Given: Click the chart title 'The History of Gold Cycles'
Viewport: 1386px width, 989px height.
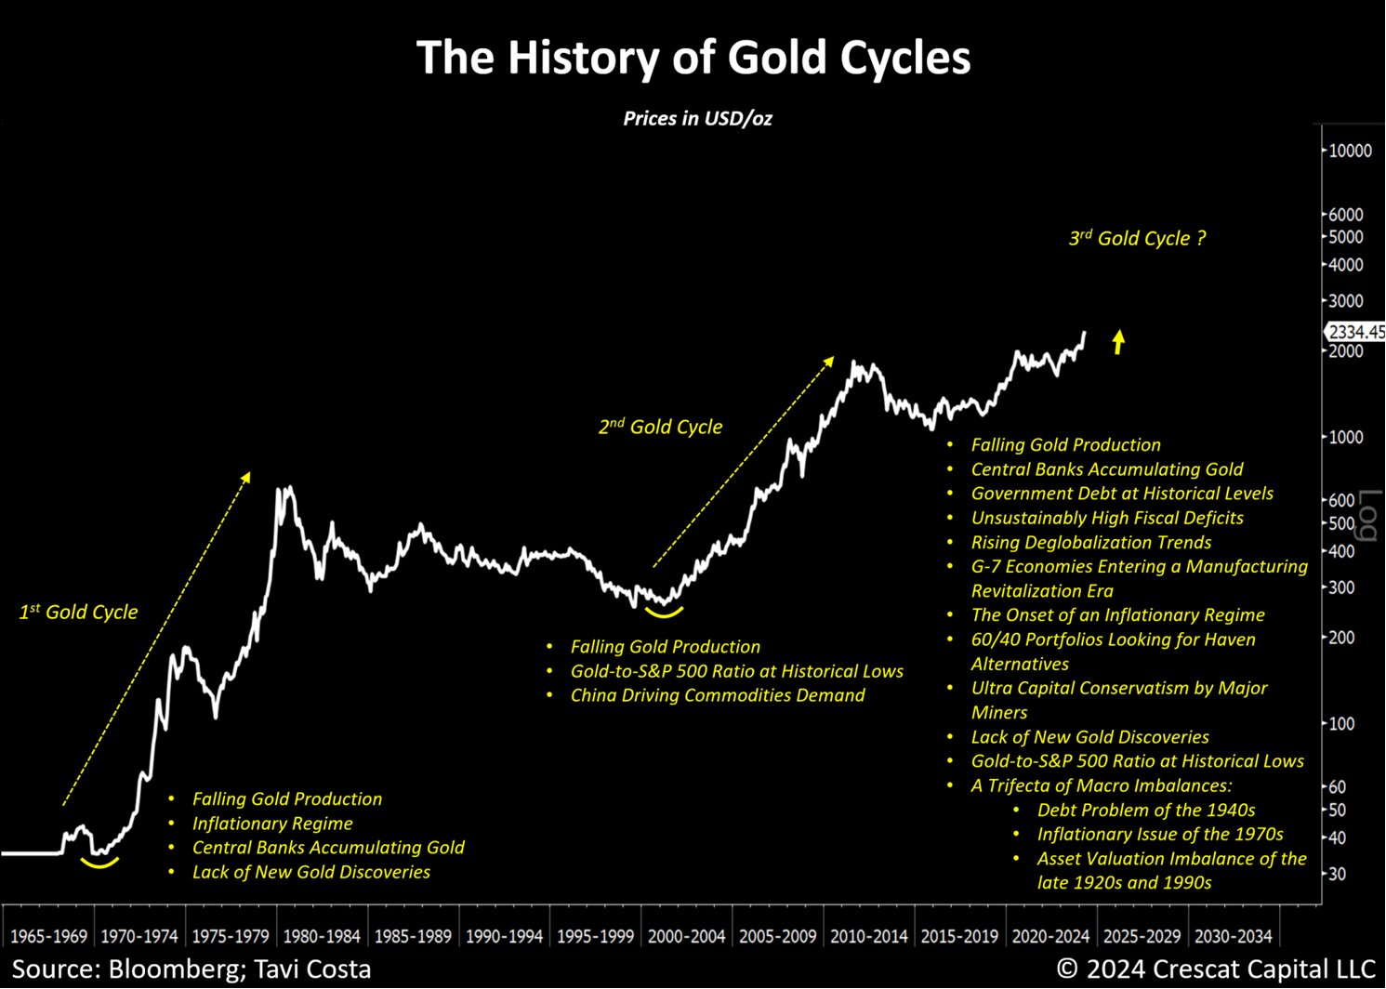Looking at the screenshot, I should pyautogui.click(x=693, y=58).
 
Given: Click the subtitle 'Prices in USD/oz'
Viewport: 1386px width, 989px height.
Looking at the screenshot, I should pyautogui.click(x=697, y=118).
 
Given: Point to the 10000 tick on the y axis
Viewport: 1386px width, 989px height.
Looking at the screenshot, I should pyautogui.click(x=1349, y=151).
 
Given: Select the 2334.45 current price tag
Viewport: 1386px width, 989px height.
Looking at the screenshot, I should pyautogui.click(x=1355, y=332).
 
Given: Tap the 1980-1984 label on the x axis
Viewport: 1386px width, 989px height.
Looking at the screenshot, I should pyautogui.click(x=321, y=936).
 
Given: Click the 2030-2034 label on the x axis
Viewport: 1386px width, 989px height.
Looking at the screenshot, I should pyautogui.click(x=1233, y=936).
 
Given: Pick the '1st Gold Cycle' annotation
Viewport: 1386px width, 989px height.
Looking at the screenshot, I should pyautogui.click(x=79, y=612).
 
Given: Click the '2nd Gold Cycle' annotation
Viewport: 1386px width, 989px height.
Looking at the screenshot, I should pyautogui.click(x=660, y=427).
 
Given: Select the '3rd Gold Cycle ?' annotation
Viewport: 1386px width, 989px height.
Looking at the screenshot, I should pyautogui.click(x=1137, y=238).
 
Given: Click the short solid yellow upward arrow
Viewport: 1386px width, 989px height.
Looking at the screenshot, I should pyautogui.click(x=1118, y=342).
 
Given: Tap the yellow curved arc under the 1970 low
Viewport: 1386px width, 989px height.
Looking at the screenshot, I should pyautogui.click(x=99, y=864).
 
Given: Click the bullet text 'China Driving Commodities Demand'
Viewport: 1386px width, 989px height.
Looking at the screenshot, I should pyautogui.click(x=718, y=695).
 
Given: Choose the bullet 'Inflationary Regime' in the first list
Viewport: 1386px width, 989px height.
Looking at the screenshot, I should pyautogui.click(x=272, y=824).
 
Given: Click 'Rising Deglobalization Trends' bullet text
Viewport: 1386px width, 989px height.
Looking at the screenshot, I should pyautogui.click(x=1091, y=542).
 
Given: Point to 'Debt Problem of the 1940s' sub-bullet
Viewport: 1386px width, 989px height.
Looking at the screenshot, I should pyautogui.click(x=1146, y=810).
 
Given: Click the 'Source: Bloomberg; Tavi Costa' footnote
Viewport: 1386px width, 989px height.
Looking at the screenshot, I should pyautogui.click(x=191, y=969).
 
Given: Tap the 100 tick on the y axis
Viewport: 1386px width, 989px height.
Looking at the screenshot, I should pyautogui.click(x=1341, y=723).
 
